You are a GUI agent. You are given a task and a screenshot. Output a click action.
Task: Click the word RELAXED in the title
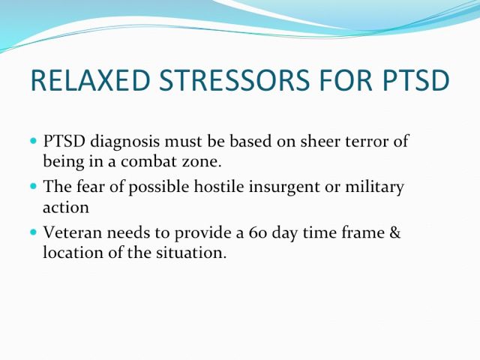tap(91, 80)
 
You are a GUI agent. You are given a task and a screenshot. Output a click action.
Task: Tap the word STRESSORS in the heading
tap(234, 80)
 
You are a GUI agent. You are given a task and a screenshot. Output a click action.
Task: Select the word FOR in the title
tap(346, 80)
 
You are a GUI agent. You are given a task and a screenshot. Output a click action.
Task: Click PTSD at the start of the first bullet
tap(64, 141)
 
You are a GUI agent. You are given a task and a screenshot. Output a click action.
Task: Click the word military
tap(375, 187)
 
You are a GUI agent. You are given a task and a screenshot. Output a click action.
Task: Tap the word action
tap(66, 208)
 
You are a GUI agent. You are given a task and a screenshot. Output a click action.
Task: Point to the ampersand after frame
tap(395, 232)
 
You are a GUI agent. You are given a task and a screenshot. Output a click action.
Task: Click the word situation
tap(191, 253)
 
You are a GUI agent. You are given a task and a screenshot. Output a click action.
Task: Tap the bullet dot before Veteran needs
tap(33, 232)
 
